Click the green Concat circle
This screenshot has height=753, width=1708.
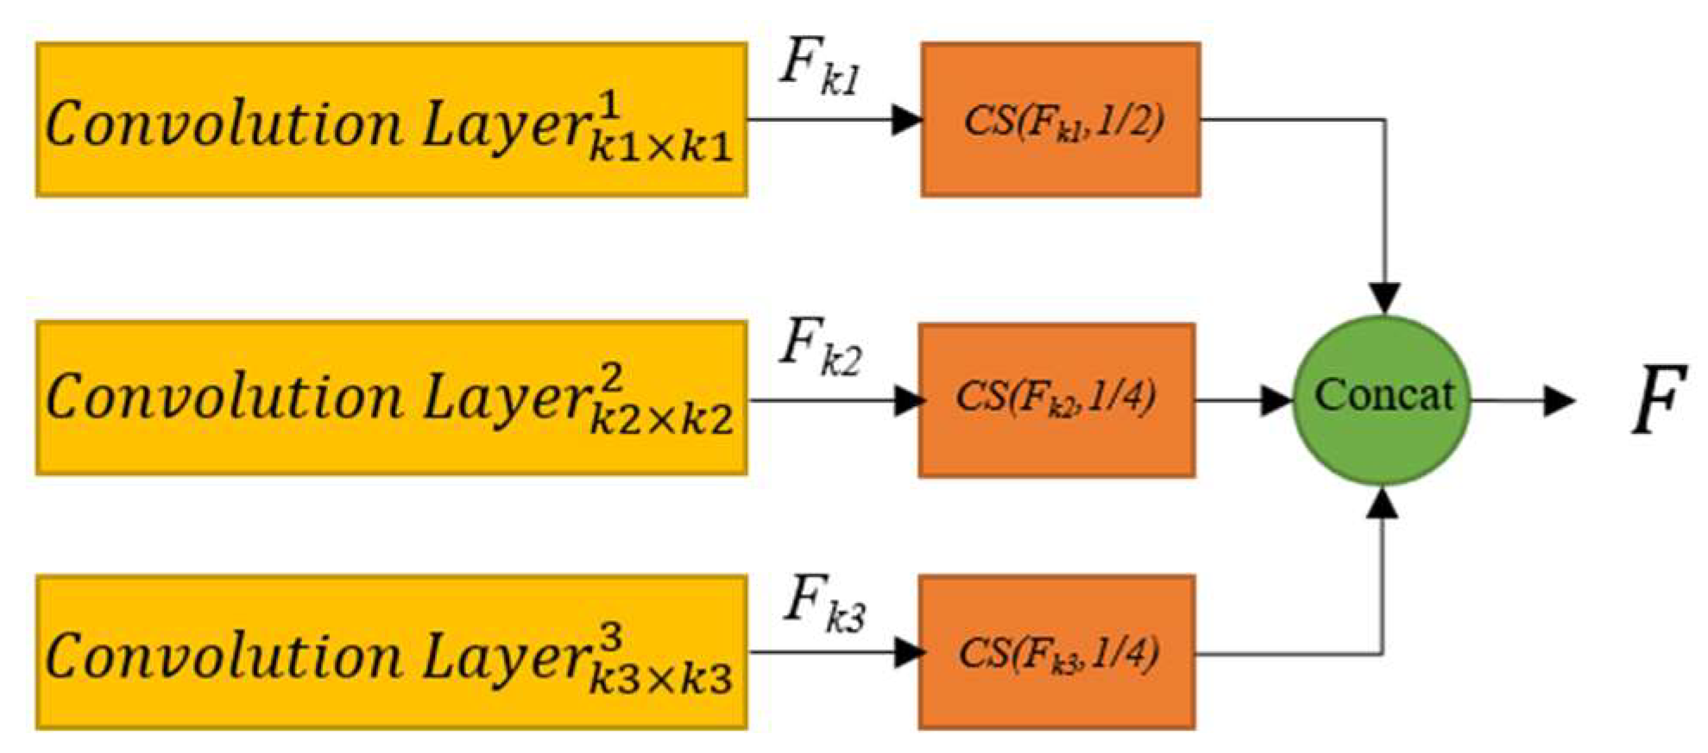[x=1383, y=398]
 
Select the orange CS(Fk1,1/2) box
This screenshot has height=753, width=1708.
[x=1061, y=120]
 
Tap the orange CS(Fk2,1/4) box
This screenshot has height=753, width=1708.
[x=1056, y=399]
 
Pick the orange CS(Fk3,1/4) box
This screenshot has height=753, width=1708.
[x=1056, y=652]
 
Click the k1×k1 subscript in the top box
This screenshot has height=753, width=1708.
[x=660, y=148]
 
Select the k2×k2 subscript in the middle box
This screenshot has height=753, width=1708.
[x=660, y=420]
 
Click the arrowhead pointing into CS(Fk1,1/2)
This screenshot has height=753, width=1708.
[x=906, y=120]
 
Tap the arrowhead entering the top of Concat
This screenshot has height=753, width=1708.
[x=1384, y=298]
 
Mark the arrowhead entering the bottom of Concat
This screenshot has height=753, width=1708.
[x=1383, y=503]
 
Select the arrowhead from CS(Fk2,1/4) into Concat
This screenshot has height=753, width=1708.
[x=1275, y=400]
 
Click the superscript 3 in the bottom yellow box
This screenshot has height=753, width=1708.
[x=609, y=637]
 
